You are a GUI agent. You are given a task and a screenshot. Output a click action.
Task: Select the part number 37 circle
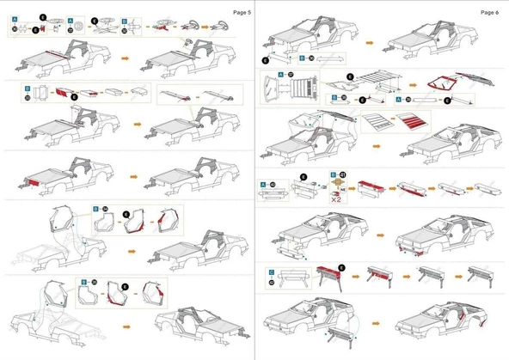point(291,76)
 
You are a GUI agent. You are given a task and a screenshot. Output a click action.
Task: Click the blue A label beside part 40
point(263,184)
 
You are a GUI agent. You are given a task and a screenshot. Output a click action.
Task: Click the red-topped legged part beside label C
point(327,278)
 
